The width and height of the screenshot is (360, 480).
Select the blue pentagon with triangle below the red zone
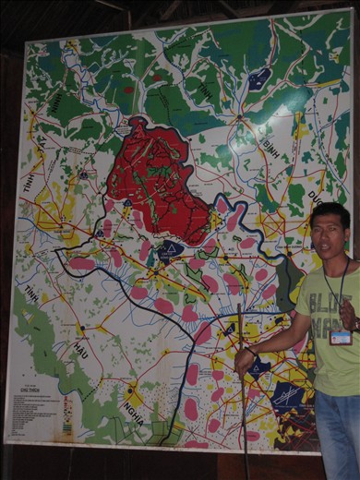coord(170,250)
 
